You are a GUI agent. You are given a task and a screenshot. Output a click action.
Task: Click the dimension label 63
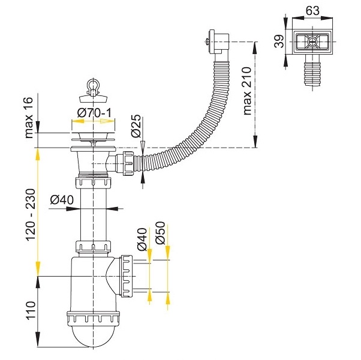(312, 11)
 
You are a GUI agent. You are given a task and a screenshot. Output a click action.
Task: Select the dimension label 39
(279, 41)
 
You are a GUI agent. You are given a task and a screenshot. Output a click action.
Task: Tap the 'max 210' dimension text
(247, 91)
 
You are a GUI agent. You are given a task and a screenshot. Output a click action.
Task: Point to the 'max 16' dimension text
(29, 118)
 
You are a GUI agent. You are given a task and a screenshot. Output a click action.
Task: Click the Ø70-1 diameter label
(94, 113)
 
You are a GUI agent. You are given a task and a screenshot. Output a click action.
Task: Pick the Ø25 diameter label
(136, 126)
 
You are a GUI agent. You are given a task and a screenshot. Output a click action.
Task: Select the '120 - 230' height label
(31, 215)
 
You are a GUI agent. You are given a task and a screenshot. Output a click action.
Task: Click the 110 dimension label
(31, 310)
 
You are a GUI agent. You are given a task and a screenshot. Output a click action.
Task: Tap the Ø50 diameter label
(160, 233)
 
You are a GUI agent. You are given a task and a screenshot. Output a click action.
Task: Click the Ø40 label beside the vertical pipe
(62, 200)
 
